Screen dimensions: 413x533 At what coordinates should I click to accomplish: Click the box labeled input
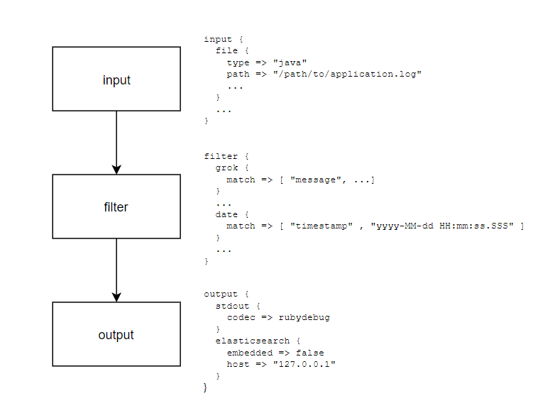point(116,79)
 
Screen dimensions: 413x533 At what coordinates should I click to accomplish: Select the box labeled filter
point(116,206)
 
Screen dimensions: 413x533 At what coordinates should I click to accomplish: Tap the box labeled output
point(116,334)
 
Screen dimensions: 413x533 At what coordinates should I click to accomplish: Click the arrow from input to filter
point(116,142)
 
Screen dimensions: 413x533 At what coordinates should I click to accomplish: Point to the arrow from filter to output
point(116,270)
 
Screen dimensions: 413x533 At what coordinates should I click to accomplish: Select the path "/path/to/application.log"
point(348,74)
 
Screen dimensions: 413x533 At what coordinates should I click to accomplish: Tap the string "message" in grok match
point(316,180)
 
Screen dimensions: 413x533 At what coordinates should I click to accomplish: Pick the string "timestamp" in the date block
point(322,226)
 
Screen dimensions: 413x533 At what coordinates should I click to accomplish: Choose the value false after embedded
point(310,352)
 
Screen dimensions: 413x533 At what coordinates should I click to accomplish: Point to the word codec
point(241,317)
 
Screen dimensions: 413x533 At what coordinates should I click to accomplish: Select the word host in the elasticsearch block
point(238,363)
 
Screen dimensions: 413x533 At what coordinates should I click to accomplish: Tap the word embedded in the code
point(250,352)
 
